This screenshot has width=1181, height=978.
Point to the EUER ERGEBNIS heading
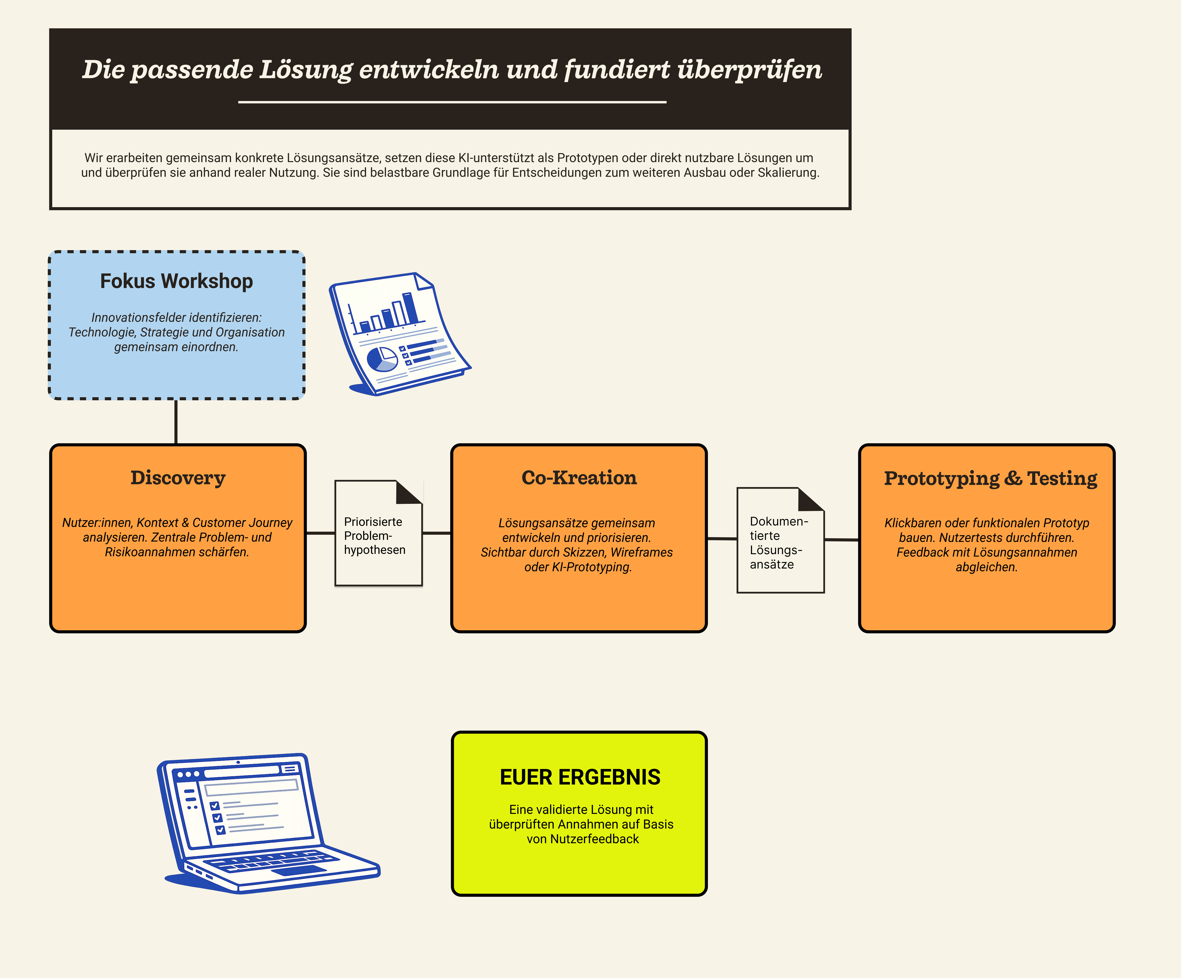580,777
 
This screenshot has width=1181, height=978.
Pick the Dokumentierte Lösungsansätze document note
780,543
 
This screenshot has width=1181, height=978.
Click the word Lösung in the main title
305,70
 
